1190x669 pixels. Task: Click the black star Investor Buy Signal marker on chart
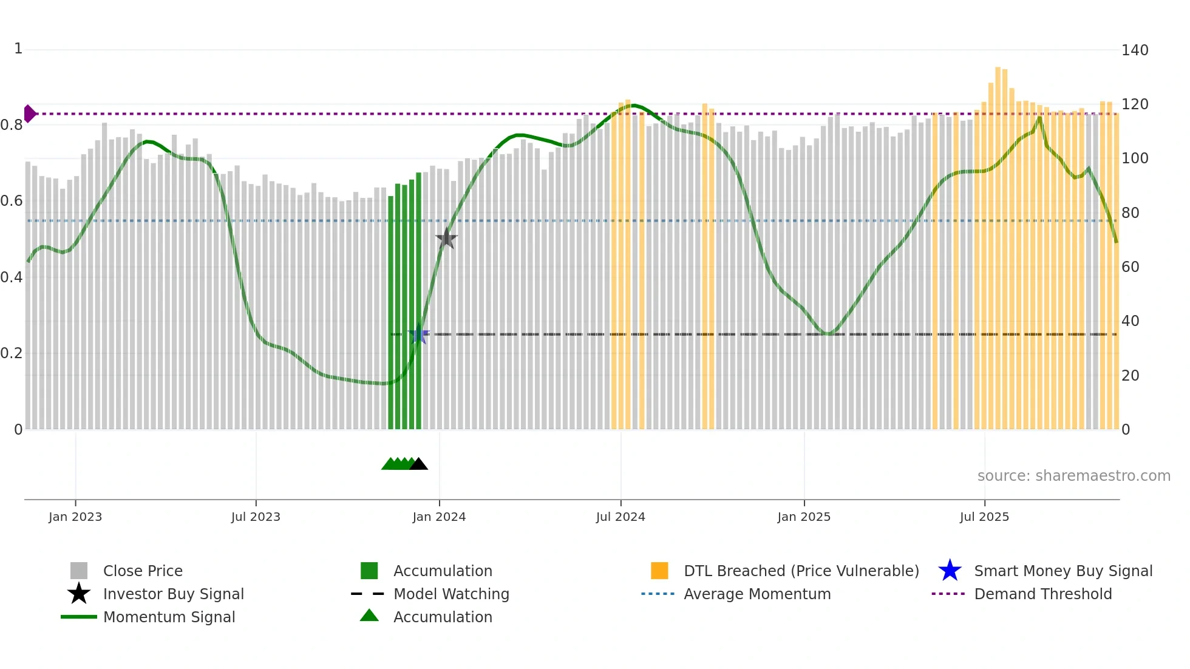click(x=446, y=239)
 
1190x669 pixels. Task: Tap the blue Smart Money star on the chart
click(x=418, y=334)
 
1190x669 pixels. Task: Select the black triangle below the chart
click(x=418, y=464)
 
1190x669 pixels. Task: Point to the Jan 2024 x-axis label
click(x=439, y=517)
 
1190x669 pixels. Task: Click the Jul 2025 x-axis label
click(x=984, y=517)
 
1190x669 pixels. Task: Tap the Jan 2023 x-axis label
click(x=75, y=517)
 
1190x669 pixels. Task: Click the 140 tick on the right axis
click(x=1134, y=50)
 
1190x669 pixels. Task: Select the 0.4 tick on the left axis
click(x=12, y=277)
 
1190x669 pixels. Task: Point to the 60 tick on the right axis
click(x=1130, y=267)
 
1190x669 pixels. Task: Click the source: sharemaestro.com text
click(x=1073, y=476)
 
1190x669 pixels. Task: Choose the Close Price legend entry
click(x=143, y=571)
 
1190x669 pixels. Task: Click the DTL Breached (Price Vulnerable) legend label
click(x=801, y=571)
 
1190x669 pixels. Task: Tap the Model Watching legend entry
click(x=451, y=594)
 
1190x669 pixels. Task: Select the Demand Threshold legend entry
click(x=1042, y=594)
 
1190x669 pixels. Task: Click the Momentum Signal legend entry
click(x=169, y=617)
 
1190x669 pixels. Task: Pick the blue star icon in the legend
click(x=950, y=571)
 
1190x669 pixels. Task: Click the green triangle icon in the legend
click(x=369, y=616)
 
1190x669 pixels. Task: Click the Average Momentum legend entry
click(x=756, y=594)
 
